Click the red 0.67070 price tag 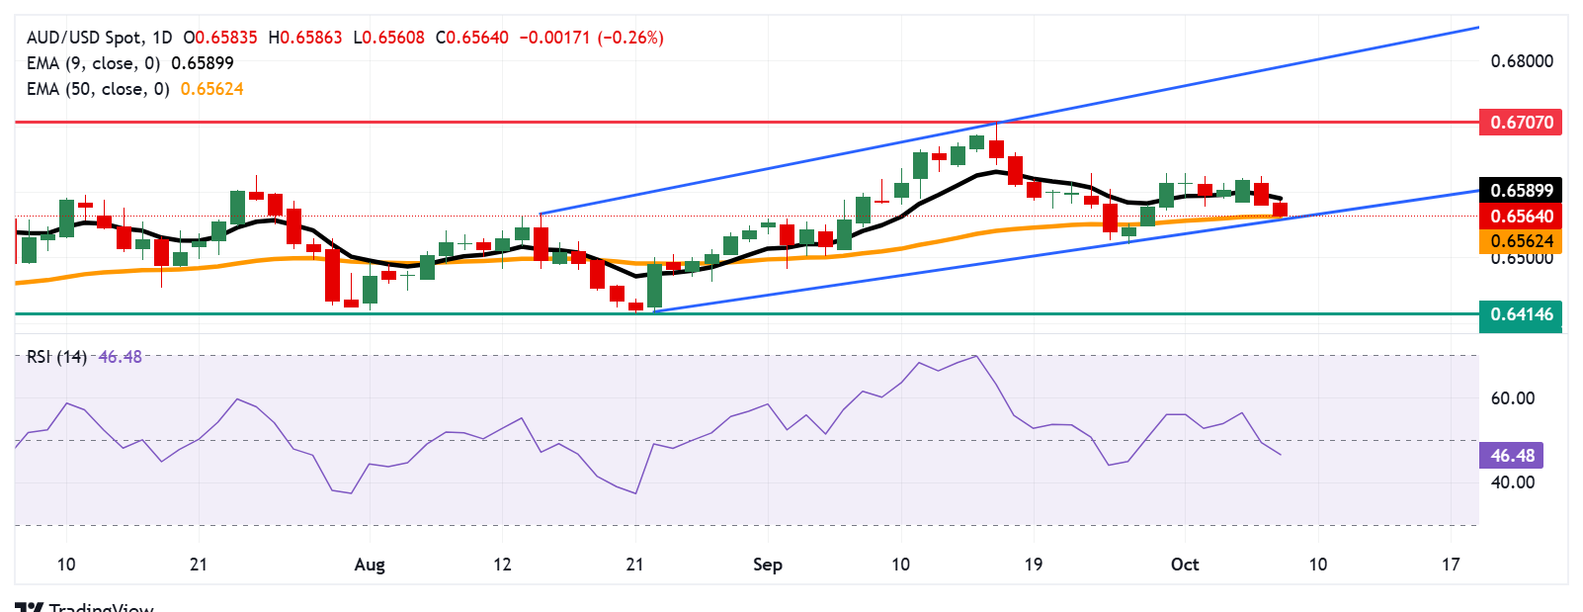(x=1521, y=123)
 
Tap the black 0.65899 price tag (x=1521, y=190)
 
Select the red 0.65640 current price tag (x=1521, y=216)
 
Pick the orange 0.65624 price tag (x=1521, y=241)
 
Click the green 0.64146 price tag (x=1521, y=314)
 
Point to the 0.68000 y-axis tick (x=1521, y=61)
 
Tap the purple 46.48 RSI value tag (x=1512, y=456)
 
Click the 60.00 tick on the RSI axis (x=1512, y=398)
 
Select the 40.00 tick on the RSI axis (x=1512, y=482)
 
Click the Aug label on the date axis (x=369, y=565)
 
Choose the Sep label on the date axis (x=767, y=565)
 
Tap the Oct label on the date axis (x=1184, y=565)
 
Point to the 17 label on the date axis (x=1450, y=565)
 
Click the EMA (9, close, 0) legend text (x=94, y=63)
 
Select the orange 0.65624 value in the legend (x=211, y=89)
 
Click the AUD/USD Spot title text (x=84, y=38)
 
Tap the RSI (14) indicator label (x=56, y=357)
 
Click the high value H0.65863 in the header (x=305, y=38)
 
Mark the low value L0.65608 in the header (x=389, y=38)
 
